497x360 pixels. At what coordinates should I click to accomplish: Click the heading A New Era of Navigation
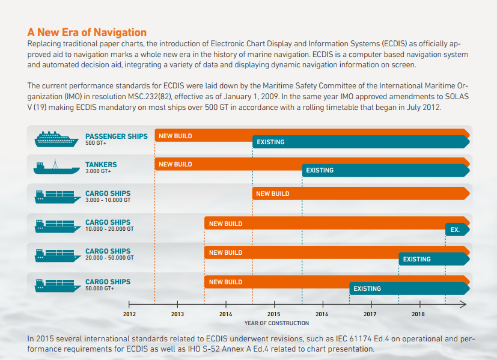click(87, 32)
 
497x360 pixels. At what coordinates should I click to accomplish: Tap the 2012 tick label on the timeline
click(129, 314)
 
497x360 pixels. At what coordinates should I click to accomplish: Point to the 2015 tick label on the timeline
click(273, 314)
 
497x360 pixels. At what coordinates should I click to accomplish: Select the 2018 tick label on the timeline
click(418, 314)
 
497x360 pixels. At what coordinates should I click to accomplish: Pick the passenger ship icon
click(57, 139)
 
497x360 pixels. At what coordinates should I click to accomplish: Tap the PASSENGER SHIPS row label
click(116, 136)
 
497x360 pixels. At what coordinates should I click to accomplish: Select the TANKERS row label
click(101, 165)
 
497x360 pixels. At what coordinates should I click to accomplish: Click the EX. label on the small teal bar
click(455, 230)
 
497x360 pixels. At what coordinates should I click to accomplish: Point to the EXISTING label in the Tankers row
click(320, 171)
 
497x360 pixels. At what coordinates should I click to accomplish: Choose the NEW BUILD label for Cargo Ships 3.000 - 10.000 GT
click(272, 194)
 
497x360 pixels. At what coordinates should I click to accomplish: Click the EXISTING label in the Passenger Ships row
click(270, 142)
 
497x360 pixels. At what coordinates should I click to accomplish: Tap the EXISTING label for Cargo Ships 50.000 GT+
click(367, 289)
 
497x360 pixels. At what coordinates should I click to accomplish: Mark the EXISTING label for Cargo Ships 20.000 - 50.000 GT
click(416, 260)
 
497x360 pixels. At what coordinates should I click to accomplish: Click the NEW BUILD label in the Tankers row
click(175, 165)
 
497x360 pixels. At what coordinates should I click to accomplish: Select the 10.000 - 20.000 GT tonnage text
click(109, 229)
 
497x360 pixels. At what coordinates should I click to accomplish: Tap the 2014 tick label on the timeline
click(225, 314)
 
